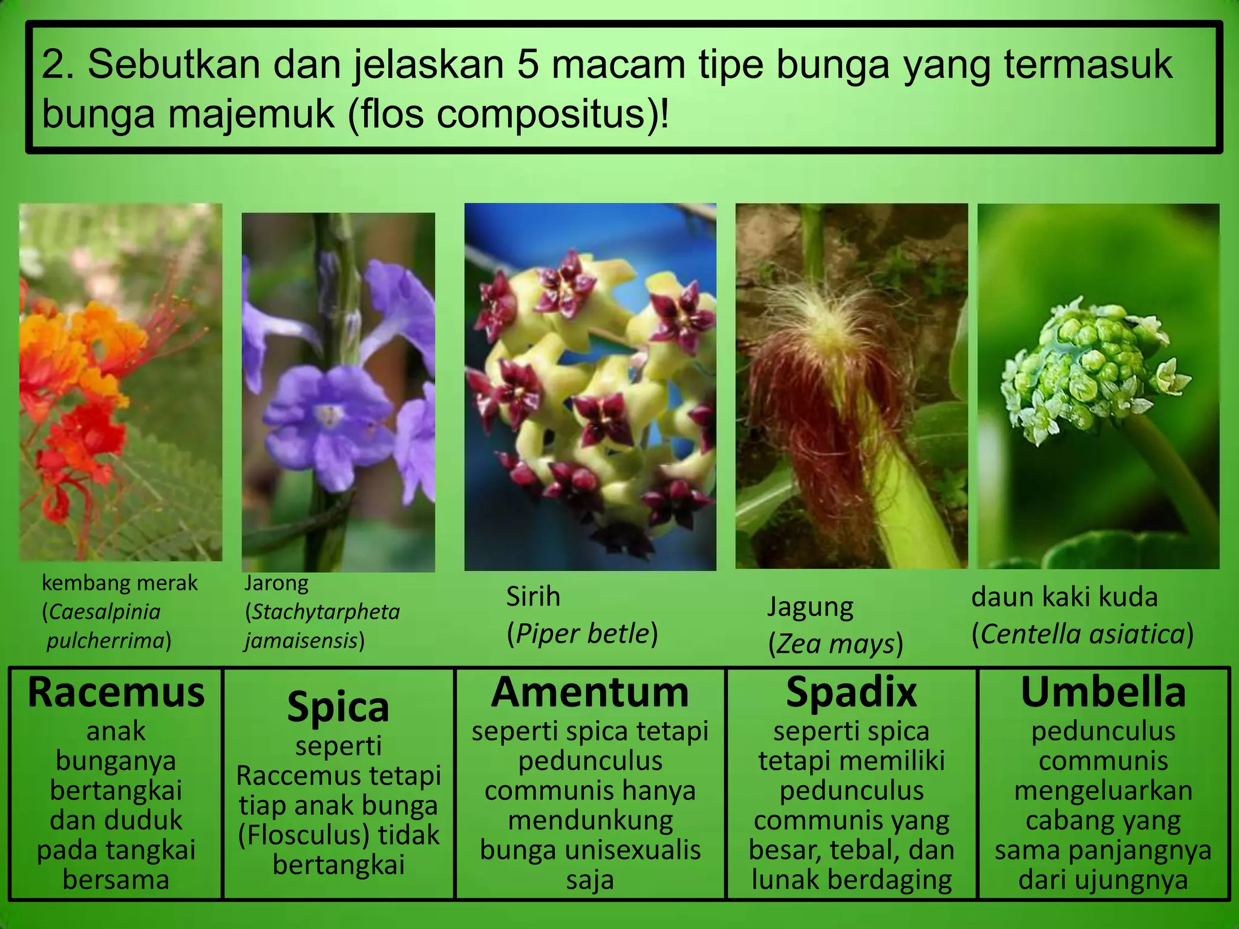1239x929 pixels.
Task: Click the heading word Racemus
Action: click(116, 693)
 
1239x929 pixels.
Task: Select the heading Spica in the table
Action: click(338, 707)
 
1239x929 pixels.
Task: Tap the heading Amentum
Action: click(590, 693)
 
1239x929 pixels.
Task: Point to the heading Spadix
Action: click(851, 693)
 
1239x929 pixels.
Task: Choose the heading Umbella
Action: click(1103, 693)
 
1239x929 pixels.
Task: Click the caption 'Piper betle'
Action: click(582, 634)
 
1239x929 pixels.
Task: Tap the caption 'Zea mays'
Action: click(835, 644)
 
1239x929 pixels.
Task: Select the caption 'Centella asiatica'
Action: click(1082, 634)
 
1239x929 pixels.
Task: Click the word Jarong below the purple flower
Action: click(276, 583)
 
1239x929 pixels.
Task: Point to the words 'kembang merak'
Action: click(119, 583)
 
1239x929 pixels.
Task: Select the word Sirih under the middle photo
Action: click(533, 597)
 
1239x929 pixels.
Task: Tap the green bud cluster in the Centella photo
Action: click(1089, 363)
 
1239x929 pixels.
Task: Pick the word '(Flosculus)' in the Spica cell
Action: click(303, 835)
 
